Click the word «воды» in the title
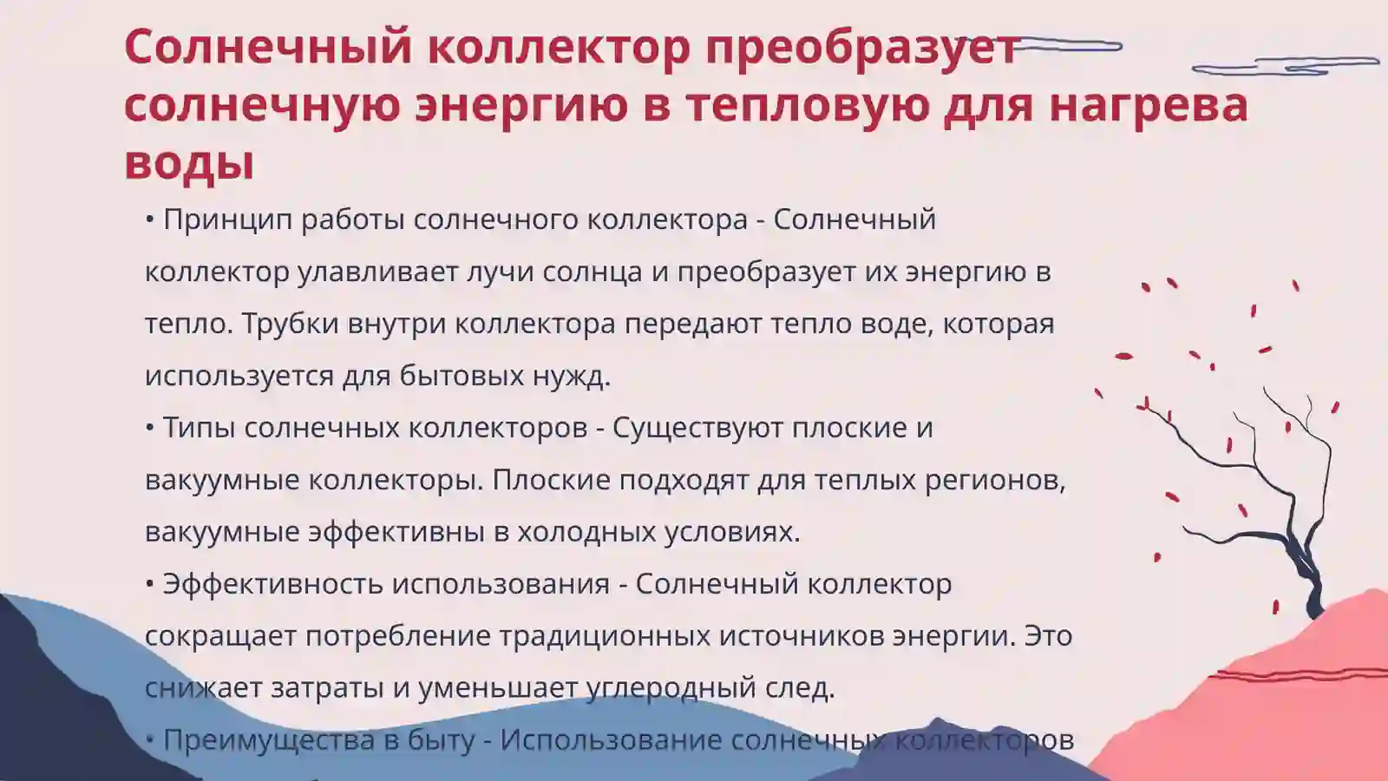click(189, 161)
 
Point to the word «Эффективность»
click(273, 584)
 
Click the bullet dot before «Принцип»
click(150, 220)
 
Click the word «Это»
click(1048, 636)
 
